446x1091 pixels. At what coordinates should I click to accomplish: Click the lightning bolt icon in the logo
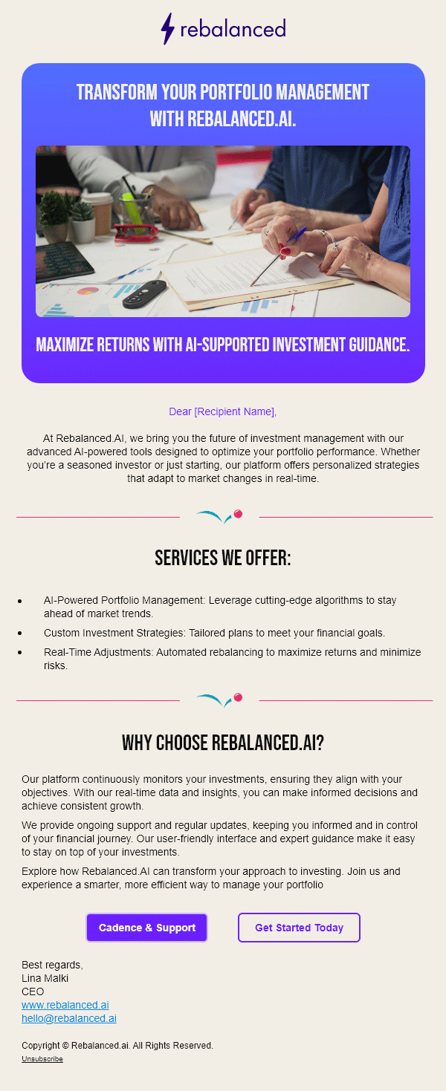[168, 29]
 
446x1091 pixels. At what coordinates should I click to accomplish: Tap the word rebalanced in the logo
[233, 29]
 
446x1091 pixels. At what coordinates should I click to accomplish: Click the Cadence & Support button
[146, 928]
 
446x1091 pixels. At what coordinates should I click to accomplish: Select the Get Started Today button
[299, 928]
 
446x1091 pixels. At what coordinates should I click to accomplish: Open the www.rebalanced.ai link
[65, 1005]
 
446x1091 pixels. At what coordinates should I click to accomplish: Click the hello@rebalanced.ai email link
[68, 1018]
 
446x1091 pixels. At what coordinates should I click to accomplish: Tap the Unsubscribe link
[42, 1059]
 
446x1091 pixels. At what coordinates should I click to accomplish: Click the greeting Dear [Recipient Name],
[223, 411]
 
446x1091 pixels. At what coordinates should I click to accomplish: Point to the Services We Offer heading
[223, 558]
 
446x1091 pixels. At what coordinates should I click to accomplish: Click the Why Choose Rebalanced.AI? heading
[223, 743]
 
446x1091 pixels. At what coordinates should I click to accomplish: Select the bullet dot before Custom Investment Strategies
[20, 634]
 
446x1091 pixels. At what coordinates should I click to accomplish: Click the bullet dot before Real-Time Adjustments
[20, 653]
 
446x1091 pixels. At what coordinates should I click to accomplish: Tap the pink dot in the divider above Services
[239, 514]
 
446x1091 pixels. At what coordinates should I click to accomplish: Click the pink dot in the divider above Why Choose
[239, 697]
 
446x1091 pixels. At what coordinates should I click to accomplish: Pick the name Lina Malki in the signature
[45, 978]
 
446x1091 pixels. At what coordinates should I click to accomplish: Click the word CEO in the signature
[33, 991]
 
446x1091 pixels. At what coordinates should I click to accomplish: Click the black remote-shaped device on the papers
[144, 294]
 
